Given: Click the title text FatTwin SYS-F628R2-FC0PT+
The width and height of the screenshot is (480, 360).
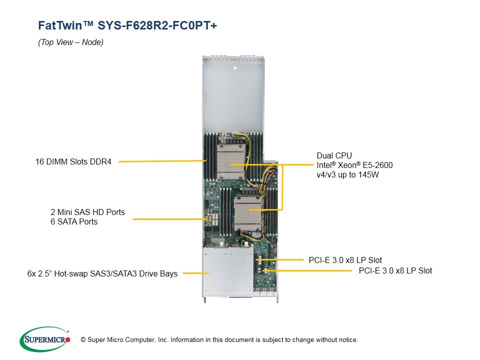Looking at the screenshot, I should tap(127, 25).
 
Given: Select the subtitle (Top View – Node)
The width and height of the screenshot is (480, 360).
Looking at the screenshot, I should tap(70, 42).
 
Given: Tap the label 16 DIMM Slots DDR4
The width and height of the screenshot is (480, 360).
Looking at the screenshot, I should tap(73, 161).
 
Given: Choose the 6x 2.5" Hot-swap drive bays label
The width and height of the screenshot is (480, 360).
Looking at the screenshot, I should tap(102, 273).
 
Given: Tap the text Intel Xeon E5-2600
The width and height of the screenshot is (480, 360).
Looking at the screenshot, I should tap(354, 165).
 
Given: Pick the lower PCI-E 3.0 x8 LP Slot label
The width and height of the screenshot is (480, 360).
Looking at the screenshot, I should tap(395, 270).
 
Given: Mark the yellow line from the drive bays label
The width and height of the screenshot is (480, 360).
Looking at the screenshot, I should tap(195, 273).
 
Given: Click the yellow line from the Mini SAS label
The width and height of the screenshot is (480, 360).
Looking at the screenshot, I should tap(167, 218).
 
